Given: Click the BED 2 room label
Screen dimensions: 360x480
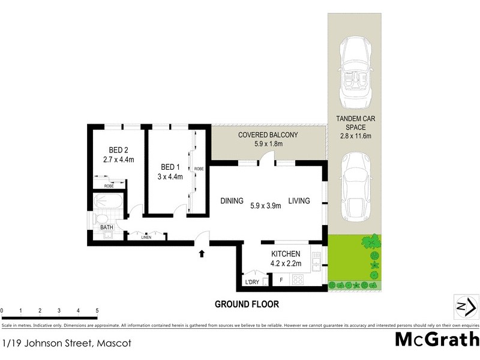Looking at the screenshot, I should tap(118, 150).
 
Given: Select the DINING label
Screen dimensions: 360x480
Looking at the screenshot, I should tap(231, 201).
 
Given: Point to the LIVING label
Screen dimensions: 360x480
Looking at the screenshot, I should tap(298, 201).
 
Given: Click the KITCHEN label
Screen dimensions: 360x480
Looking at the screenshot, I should tap(285, 254).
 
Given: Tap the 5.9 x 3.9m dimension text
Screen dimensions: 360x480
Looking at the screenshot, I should tap(265, 205).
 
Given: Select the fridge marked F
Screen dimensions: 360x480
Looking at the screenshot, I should tap(280, 280).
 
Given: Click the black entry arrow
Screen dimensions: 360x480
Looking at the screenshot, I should tap(202, 254).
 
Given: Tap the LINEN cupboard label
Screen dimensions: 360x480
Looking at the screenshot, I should tap(146, 238).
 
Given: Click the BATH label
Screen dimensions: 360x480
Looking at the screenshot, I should tap(106, 228).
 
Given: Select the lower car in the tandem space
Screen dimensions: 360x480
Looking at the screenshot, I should tap(357, 186).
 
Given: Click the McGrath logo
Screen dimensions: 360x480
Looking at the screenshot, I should tap(436, 339).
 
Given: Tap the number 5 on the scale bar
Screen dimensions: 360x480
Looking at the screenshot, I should tap(97, 310).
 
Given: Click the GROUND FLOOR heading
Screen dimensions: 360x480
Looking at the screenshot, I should tap(247, 304).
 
